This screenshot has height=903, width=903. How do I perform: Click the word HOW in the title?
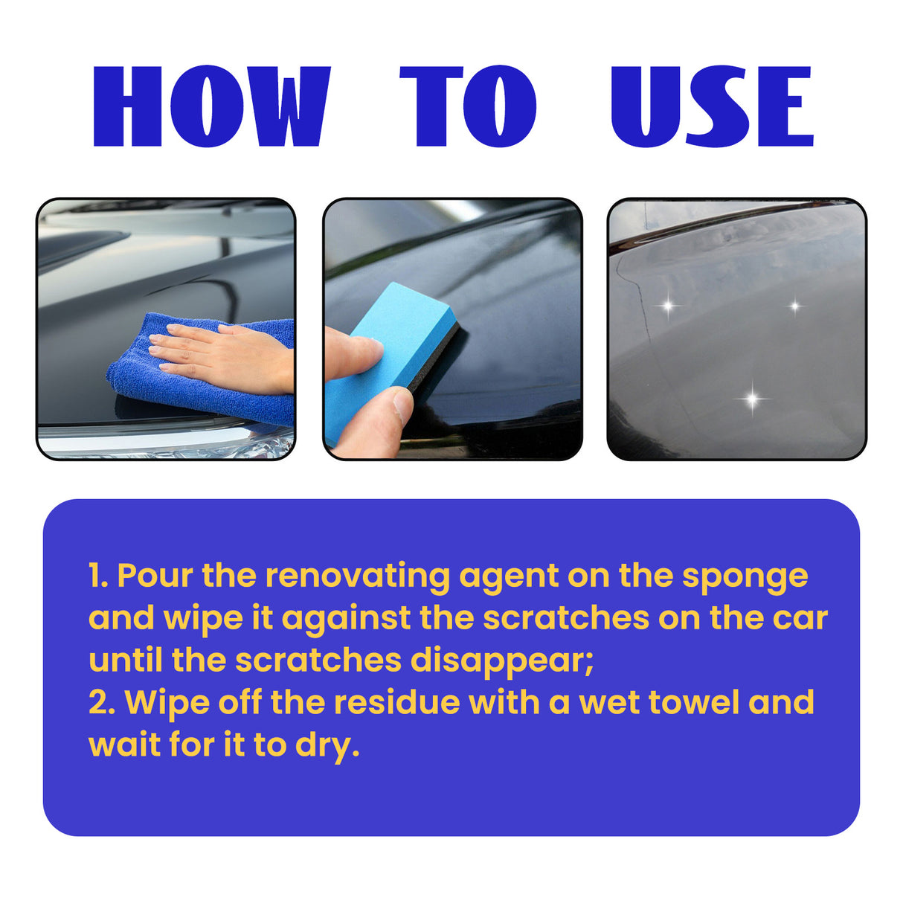click(x=211, y=106)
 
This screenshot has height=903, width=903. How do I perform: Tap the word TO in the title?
click(x=468, y=106)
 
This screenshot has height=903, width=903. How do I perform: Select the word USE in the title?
click(x=712, y=106)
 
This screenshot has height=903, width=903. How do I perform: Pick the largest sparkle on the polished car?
click(x=752, y=399)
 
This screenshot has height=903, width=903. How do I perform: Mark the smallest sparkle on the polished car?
click(x=794, y=306)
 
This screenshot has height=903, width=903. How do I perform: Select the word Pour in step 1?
click(x=155, y=576)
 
